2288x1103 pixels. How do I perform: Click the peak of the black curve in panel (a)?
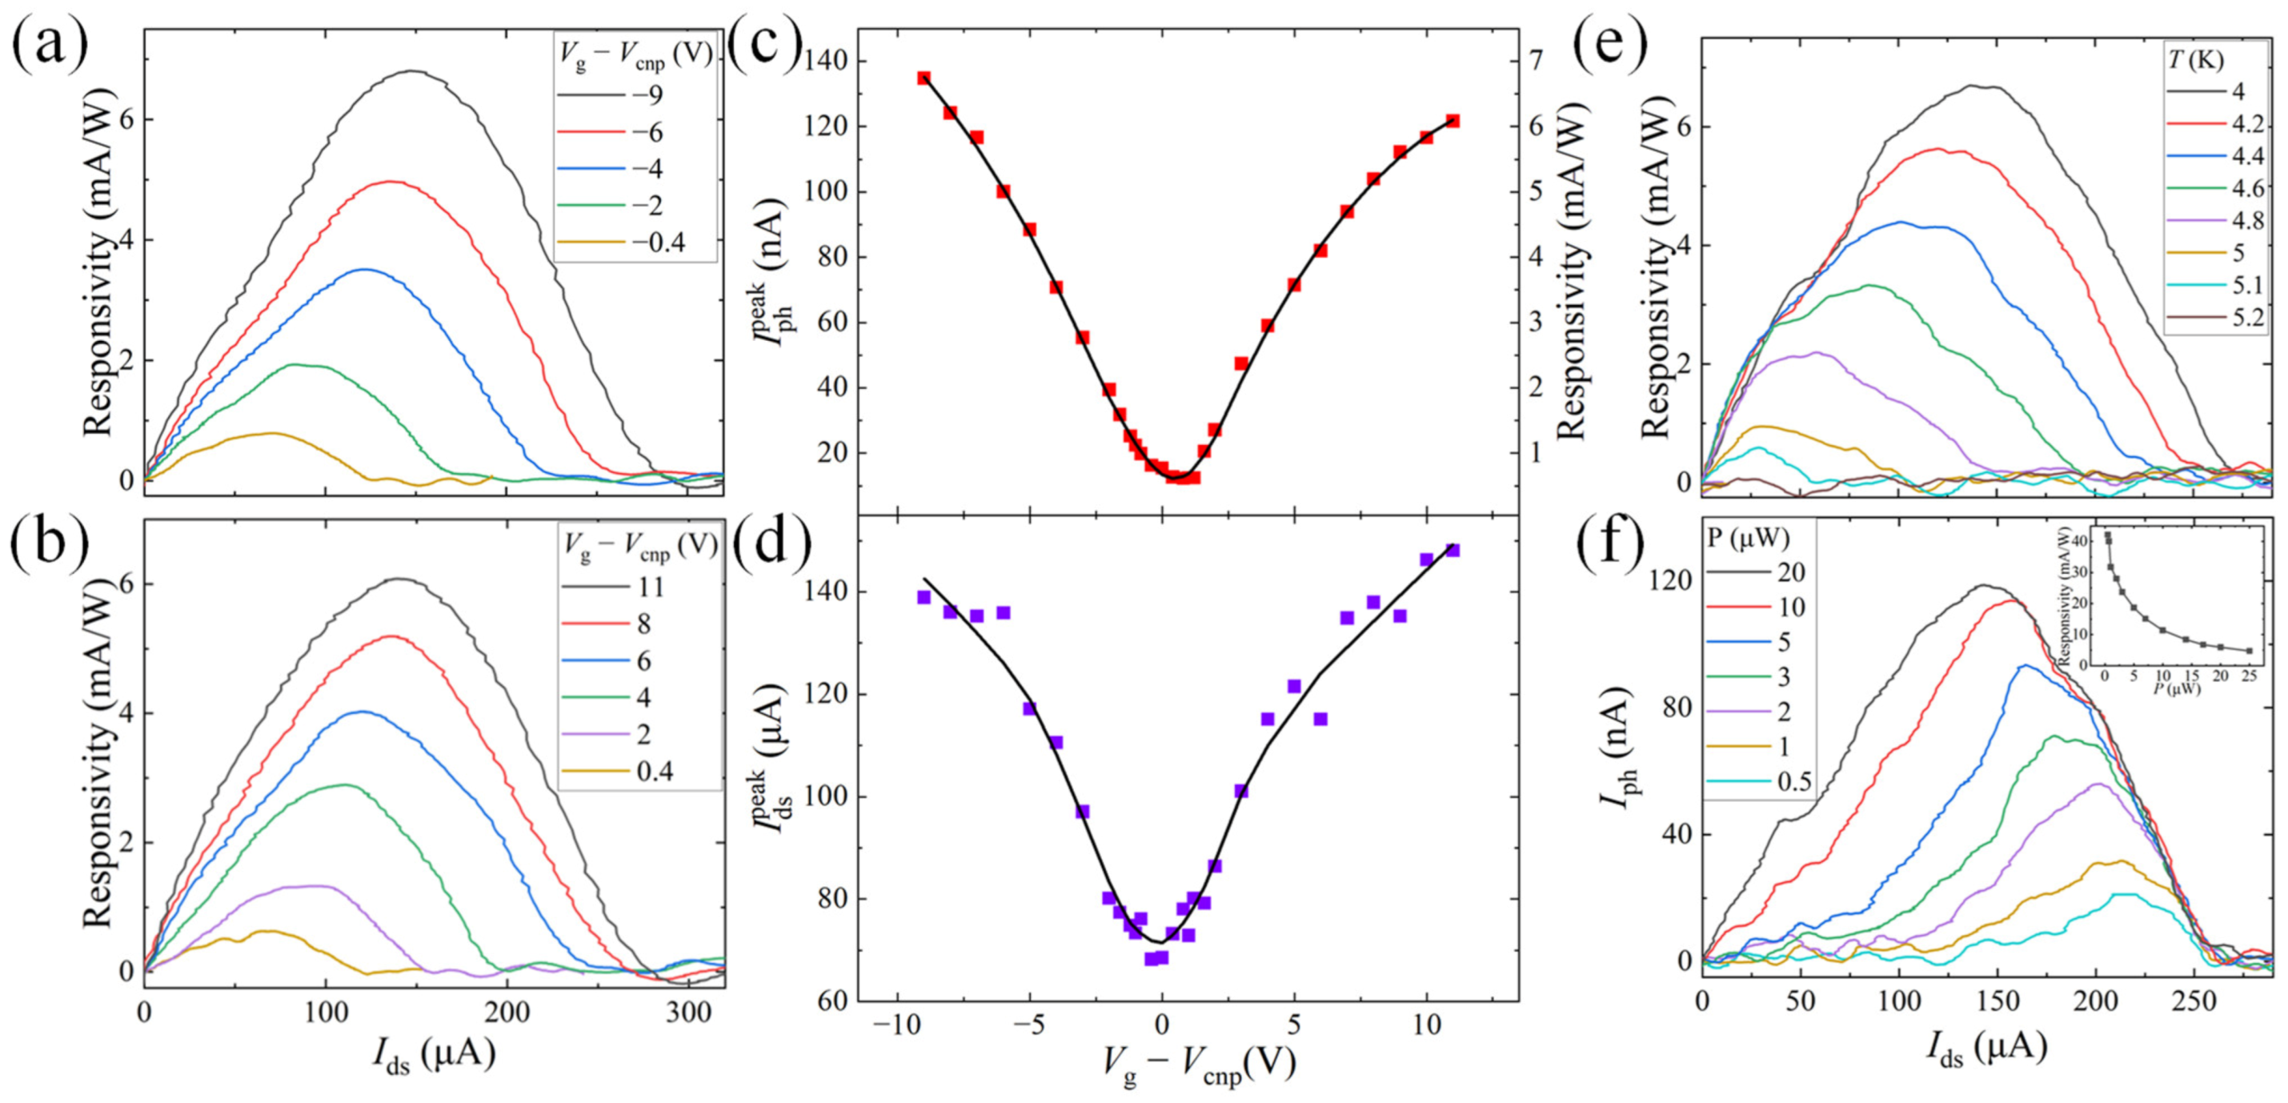(x=412, y=72)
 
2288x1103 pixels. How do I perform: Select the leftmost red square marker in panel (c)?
(x=924, y=78)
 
